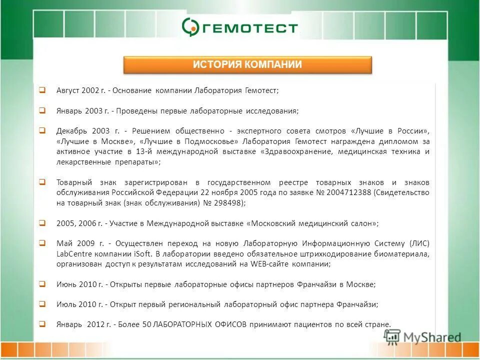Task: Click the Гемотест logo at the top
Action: coord(240,26)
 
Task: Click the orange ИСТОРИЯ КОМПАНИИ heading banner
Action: coord(247,64)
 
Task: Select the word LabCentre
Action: coord(72,254)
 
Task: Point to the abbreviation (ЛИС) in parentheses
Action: coord(418,243)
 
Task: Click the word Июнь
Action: coord(67,284)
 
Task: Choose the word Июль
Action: coord(67,304)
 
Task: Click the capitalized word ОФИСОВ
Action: coord(225,324)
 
